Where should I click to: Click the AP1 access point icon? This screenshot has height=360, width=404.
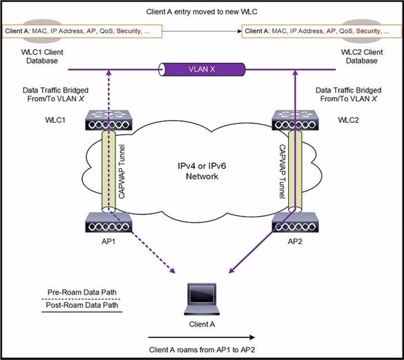coord(109,224)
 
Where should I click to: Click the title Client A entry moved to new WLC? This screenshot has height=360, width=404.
coord(202,12)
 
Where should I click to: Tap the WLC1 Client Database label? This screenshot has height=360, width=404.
coord(39,57)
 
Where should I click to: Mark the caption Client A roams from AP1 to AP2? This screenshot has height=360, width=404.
coord(202,349)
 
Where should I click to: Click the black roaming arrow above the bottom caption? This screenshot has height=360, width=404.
coord(202,337)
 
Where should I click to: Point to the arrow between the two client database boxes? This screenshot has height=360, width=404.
coord(202,31)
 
